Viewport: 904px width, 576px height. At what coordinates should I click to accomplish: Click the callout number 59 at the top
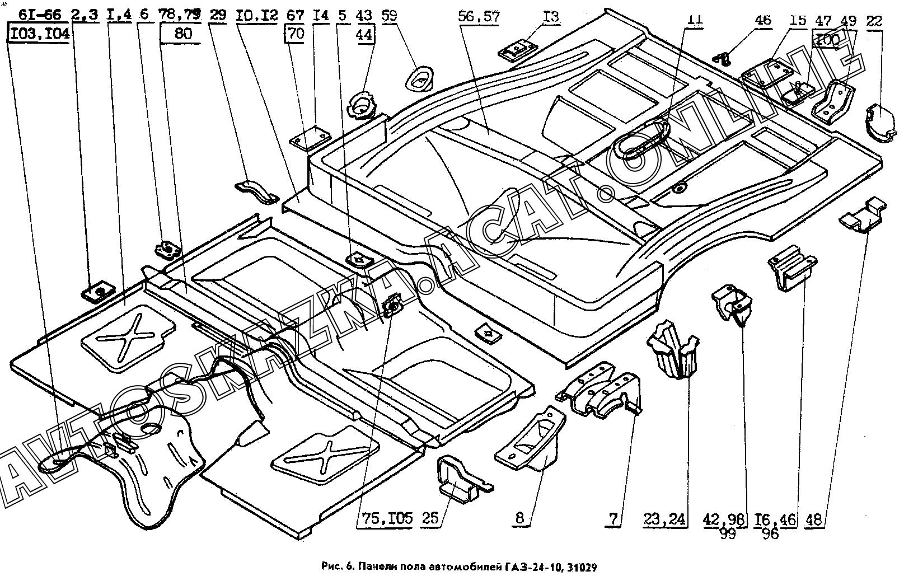coord(388,15)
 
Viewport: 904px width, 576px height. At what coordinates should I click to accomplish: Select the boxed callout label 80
coord(183,34)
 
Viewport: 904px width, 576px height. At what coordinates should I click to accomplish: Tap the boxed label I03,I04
coord(39,34)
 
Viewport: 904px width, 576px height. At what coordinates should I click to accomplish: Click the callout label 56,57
coord(478,17)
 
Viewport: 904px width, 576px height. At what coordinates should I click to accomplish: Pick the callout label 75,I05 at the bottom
coord(384,518)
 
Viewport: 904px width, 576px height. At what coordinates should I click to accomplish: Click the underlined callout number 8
coord(520,518)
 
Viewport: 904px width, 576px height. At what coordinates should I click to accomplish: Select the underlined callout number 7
coord(613,518)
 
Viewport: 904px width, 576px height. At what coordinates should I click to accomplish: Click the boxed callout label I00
coord(828,40)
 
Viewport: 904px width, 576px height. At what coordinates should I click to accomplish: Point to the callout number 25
coord(430,518)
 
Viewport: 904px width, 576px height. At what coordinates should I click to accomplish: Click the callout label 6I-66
coord(40,15)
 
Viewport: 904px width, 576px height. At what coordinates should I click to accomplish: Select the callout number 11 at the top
coord(694,19)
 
